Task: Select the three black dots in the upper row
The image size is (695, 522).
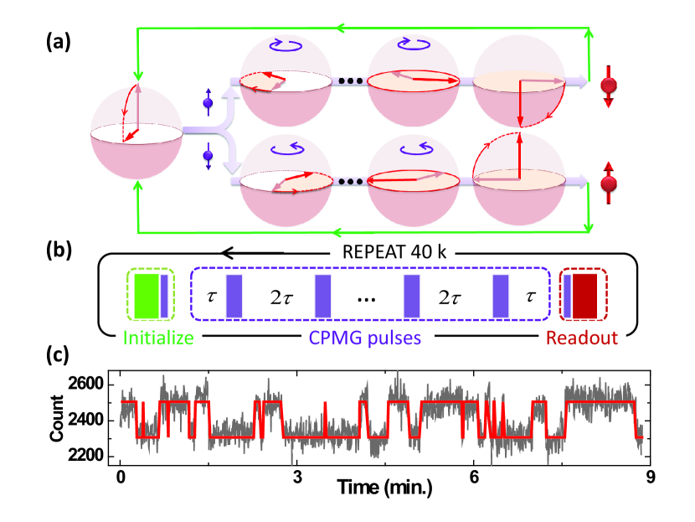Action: click(x=345, y=82)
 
